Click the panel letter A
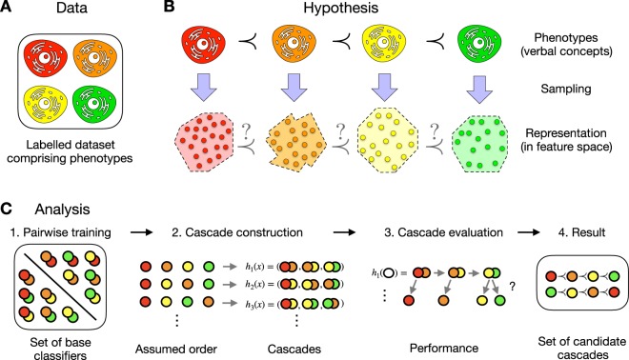tap(9, 9)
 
